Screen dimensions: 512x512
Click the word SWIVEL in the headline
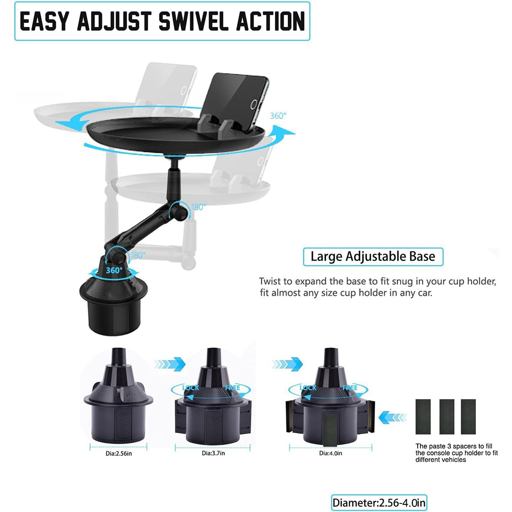193,21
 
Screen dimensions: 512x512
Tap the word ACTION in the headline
271,21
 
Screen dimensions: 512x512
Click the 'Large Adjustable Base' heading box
373,256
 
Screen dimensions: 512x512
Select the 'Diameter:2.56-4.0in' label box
379,503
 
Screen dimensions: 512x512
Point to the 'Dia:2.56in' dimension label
119,454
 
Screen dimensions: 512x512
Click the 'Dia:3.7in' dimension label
213,453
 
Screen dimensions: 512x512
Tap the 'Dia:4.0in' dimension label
330,453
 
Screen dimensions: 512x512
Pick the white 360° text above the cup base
114,270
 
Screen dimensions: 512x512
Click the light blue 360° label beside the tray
278,116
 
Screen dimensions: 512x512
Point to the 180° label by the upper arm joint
199,207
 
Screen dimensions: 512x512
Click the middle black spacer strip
447,417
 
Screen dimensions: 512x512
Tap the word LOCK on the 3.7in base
191,388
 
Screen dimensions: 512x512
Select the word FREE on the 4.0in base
350,388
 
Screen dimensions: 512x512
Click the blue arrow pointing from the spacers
393,417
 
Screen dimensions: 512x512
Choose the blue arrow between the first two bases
170,364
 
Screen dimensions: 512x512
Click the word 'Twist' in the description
270,282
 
